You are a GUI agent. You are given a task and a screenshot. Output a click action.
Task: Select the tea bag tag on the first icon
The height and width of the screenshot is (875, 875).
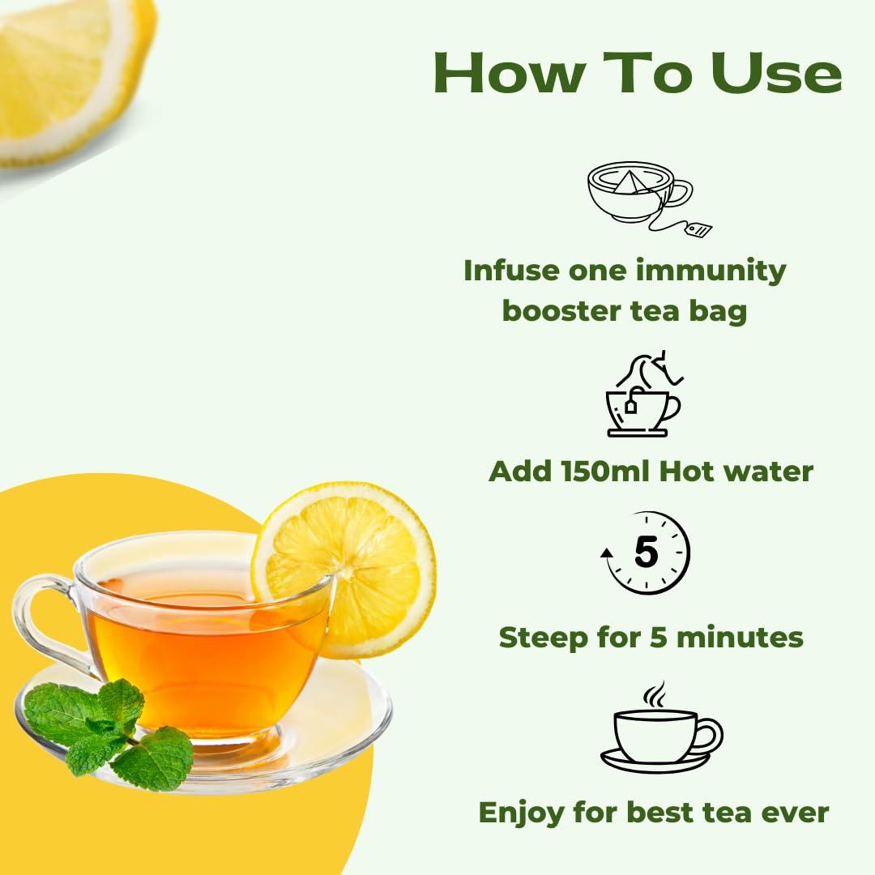[698, 229]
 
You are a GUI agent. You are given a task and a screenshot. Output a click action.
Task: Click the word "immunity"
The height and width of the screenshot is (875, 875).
[714, 271]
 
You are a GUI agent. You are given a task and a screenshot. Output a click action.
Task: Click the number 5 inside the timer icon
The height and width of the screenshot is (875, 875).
[646, 553]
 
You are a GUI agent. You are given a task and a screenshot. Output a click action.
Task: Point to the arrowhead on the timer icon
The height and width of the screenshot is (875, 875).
[605, 553]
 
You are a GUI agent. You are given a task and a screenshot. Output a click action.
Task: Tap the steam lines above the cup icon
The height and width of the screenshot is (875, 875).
[655, 694]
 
